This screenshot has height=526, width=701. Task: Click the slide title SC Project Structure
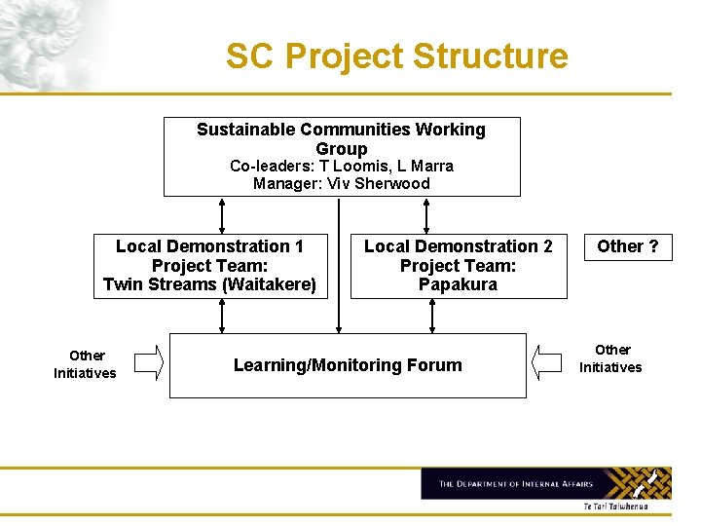pyautogui.click(x=396, y=56)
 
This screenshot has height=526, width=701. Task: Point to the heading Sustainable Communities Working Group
pyautogui.click(x=341, y=138)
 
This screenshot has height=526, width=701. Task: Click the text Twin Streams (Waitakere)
pyautogui.click(x=209, y=284)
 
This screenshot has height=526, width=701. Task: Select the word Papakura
pyautogui.click(x=458, y=284)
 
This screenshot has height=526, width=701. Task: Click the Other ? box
pyautogui.click(x=628, y=246)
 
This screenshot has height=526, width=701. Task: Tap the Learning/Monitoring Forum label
pyautogui.click(x=348, y=365)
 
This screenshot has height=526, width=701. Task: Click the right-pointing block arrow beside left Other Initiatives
pyautogui.click(x=148, y=362)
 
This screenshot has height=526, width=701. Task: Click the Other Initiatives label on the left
pyautogui.click(x=85, y=364)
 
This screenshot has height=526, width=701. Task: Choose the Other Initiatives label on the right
pyautogui.click(x=610, y=358)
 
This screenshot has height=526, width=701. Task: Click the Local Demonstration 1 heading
pyautogui.click(x=209, y=246)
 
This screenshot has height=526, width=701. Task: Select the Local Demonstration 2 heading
pyautogui.click(x=458, y=246)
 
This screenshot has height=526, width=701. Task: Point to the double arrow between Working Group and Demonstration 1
pyautogui.click(x=222, y=214)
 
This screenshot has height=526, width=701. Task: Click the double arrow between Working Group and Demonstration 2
pyautogui.click(x=426, y=214)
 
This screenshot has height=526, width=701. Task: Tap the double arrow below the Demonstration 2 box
pyautogui.click(x=426, y=316)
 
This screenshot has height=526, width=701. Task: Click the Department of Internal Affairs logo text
pyautogui.click(x=516, y=483)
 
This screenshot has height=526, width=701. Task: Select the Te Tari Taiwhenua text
pyautogui.click(x=614, y=507)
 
